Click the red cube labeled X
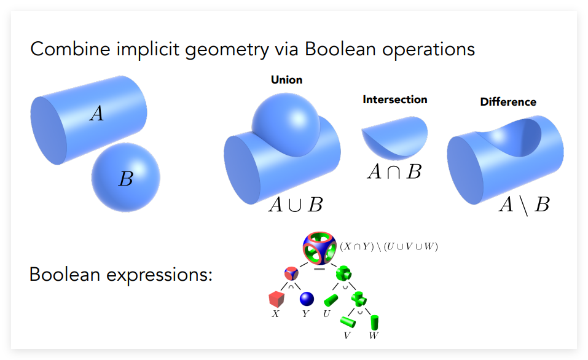(x=276, y=299)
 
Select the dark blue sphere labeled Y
(x=307, y=299)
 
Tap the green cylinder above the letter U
(x=331, y=300)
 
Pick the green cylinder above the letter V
(x=348, y=322)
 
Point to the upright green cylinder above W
(x=374, y=323)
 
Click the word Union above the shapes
(x=286, y=80)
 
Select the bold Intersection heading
(x=395, y=100)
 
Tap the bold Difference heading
(x=508, y=102)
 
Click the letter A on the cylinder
(x=96, y=113)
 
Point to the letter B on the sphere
(x=126, y=179)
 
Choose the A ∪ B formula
(x=296, y=205)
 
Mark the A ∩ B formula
(x=394, y=172)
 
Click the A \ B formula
(x=524, y=205)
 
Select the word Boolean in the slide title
(x=340, y=49)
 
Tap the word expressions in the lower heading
(x=159, y=275)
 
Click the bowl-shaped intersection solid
(x=394, y=137)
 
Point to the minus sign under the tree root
(x=319, y=269)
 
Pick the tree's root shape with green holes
(x=319, y=248)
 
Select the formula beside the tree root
(x=389, y=246)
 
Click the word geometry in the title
(x=227, y=50)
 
